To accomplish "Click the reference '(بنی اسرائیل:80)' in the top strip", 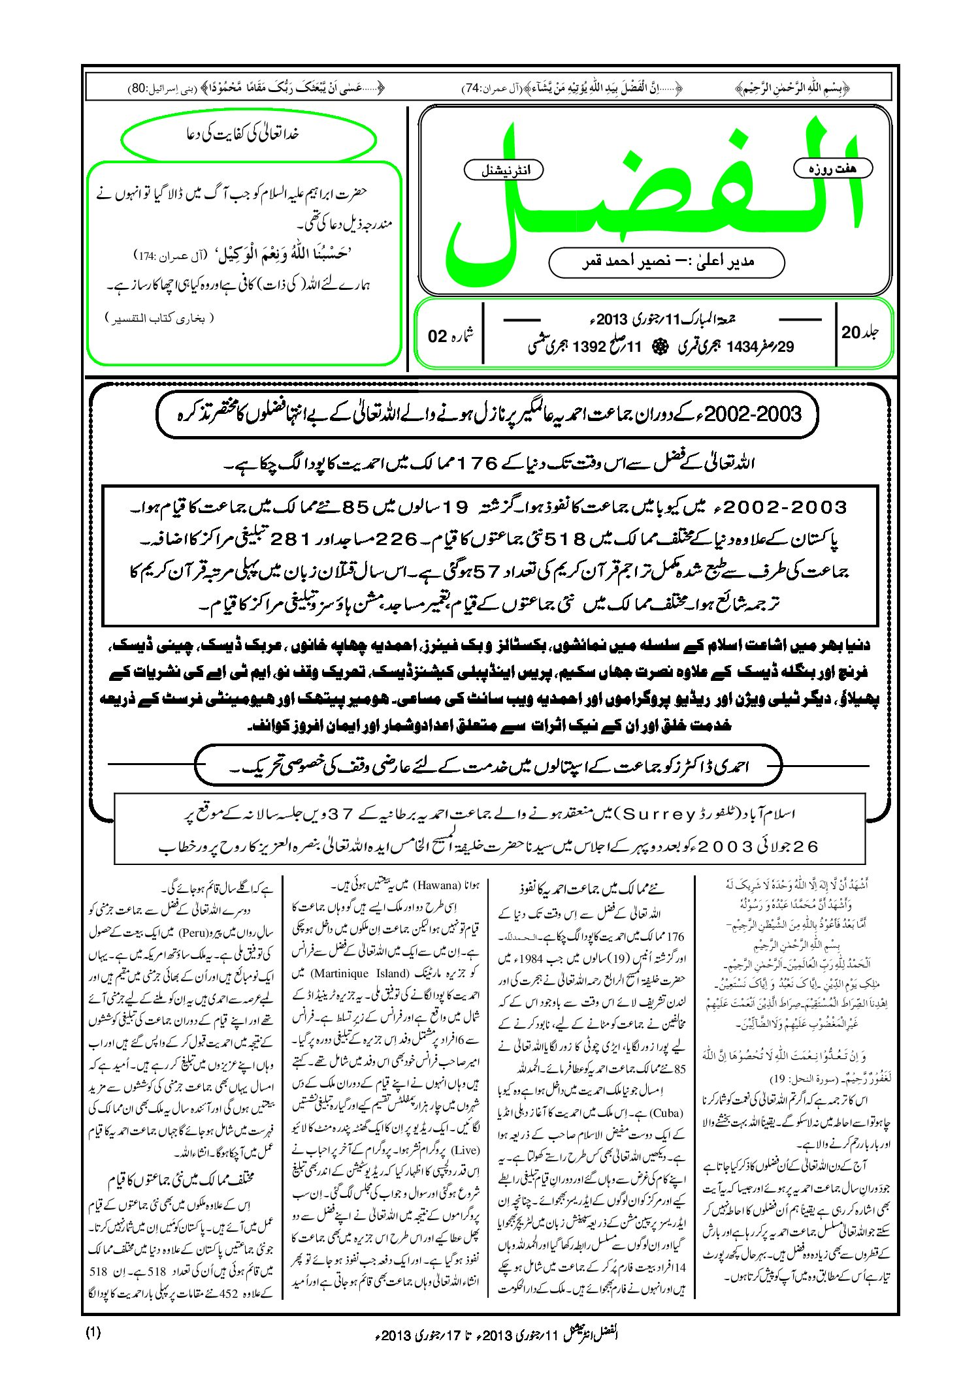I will coord(153,87).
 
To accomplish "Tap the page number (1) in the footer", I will coord(93,1333).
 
